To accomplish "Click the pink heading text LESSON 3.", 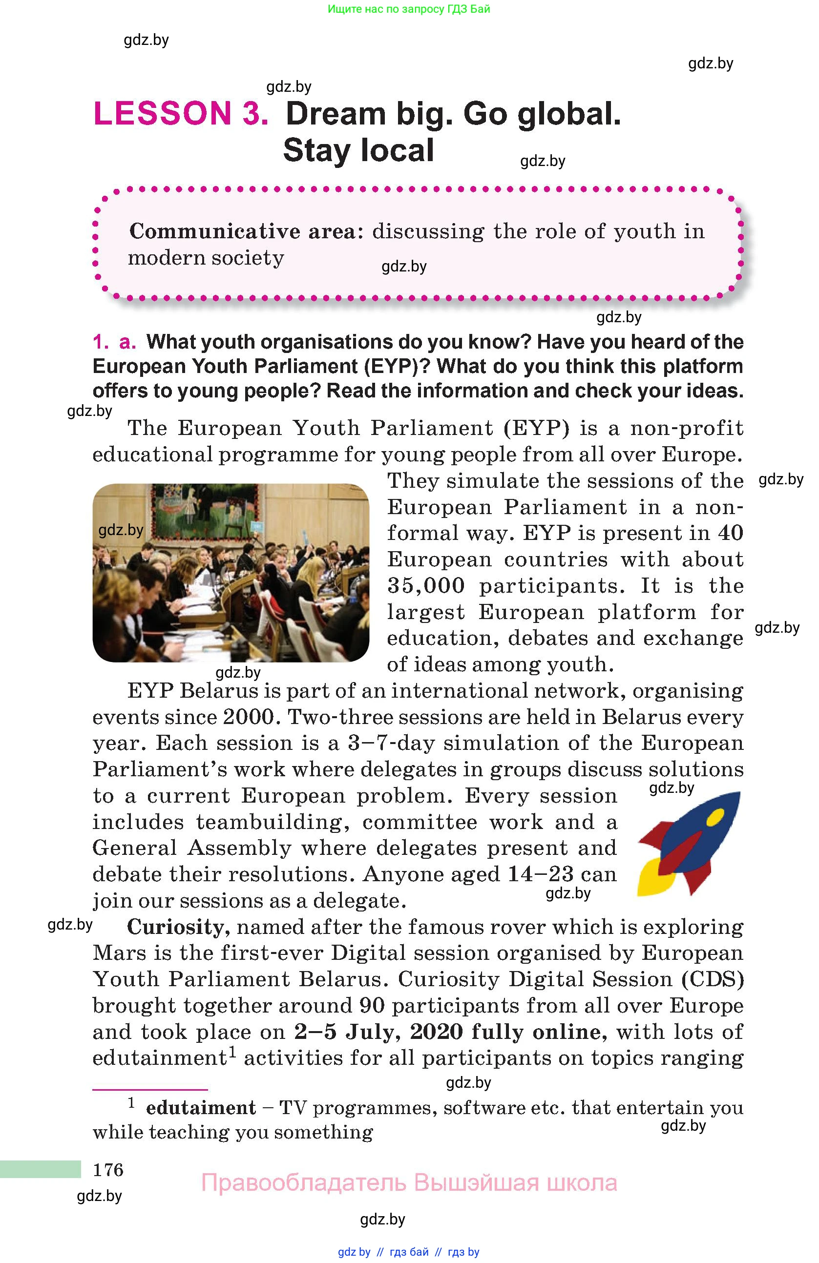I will coord(181,114).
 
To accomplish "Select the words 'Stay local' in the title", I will coord(358,150).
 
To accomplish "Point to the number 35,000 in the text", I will coord(426,586).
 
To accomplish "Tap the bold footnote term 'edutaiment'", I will coord(201,1108).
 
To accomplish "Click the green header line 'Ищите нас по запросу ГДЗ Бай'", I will coord(409,9).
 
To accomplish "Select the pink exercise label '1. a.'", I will coord(114,342).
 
